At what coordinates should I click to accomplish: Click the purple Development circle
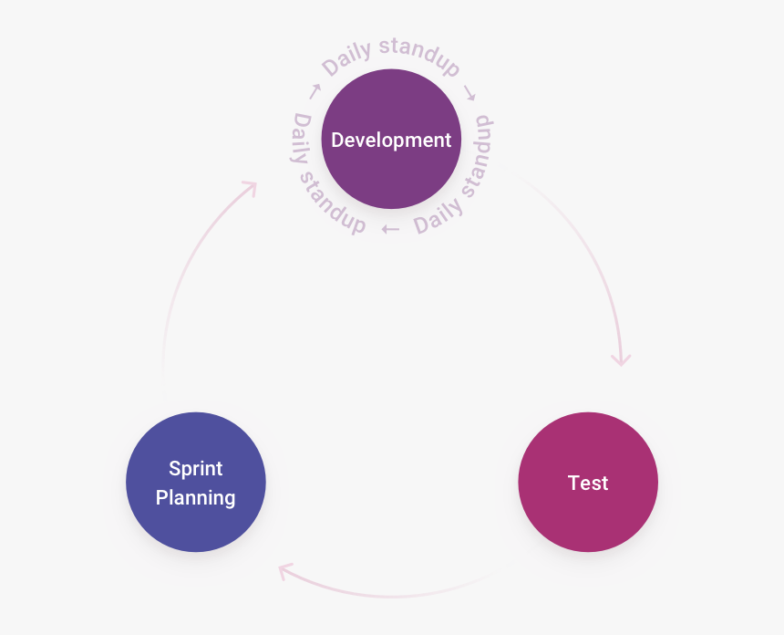[391, 139]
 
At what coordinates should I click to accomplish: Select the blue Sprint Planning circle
[195, 482]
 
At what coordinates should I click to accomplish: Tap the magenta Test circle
[588, 482]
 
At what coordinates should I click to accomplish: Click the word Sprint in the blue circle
[195, 469]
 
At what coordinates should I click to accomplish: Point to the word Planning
[195, 498]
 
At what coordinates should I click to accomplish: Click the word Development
[391, 141]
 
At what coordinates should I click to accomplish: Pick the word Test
[588, 483]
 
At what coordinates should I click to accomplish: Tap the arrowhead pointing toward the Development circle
[251, 187]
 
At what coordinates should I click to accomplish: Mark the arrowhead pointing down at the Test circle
[622, 359]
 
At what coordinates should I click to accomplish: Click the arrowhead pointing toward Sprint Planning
[284, 570]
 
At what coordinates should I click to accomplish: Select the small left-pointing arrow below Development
[390, 229]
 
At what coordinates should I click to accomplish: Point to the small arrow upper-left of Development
[315, 91]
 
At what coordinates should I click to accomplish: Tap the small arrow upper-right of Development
[469, 92]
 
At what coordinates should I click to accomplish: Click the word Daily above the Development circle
[347, 58]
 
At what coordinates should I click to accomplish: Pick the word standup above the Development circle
[419, 55]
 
